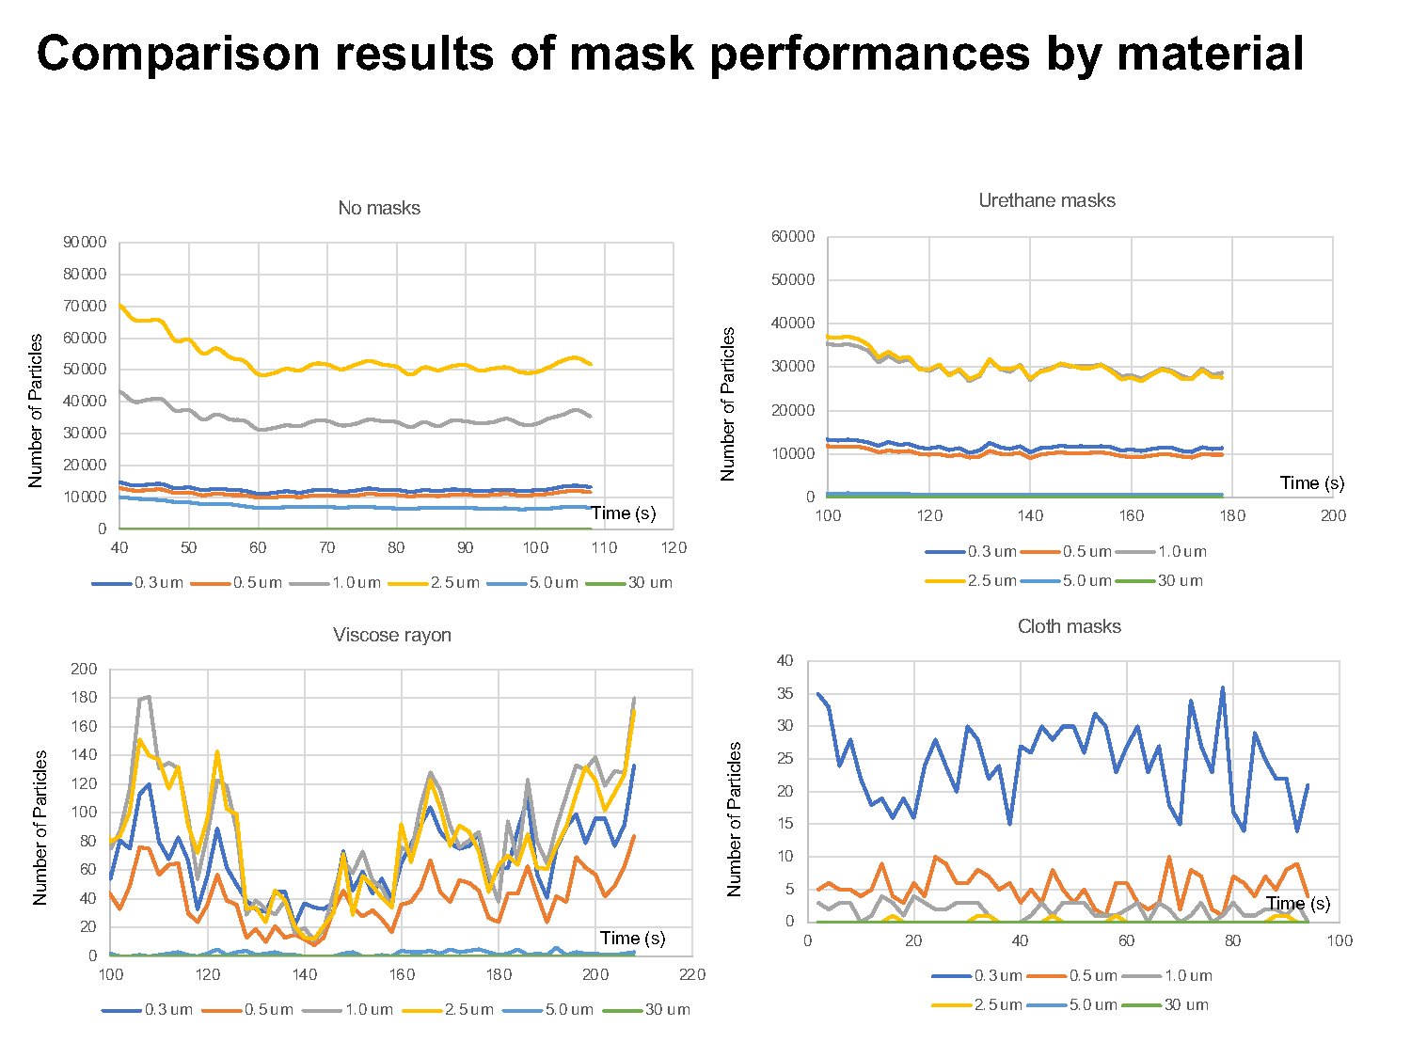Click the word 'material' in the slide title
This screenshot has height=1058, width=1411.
[1210, 55]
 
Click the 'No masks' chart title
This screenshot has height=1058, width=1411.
[379, 208]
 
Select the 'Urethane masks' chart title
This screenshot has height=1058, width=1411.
[1046, 200]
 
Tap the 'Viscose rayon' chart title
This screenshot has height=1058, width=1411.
[391, 635]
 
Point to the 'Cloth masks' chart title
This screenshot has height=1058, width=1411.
[1069, 626]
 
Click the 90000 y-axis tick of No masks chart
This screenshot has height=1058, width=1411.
[85, 243]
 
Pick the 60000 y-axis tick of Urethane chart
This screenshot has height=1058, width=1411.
[792, 236]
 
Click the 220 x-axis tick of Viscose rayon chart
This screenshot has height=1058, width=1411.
[692, 974]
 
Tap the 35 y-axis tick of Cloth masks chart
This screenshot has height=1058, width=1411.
[785, 694]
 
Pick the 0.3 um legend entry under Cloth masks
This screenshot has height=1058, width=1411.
[977, 976]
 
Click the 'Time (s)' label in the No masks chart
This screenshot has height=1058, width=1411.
[623, 513]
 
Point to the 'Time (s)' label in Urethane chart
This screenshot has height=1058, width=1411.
[1311, 483]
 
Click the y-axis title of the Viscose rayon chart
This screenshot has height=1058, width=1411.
[40, 827]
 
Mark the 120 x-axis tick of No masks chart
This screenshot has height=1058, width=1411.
[674, 548]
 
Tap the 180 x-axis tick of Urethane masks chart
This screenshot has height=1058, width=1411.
[1232, 515]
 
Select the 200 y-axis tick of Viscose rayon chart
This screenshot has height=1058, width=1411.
[84, 670]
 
